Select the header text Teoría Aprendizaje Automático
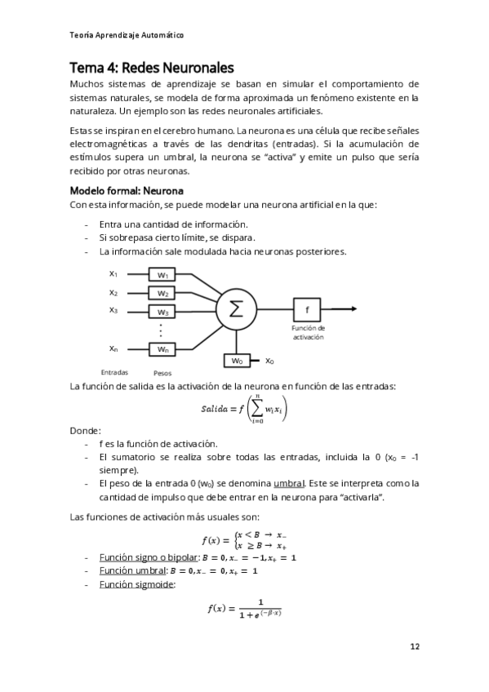click(127, 35)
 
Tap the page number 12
click(415, 646)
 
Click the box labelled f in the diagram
click(307, 309)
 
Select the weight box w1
click(162, 275)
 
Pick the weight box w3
click(162, 312)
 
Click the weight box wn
click(162, 349)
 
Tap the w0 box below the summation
click(237, 360)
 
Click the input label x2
click(113, 292)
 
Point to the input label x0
click(269, 360)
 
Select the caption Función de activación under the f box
click(308, 332)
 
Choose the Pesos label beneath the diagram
click(162, 372)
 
